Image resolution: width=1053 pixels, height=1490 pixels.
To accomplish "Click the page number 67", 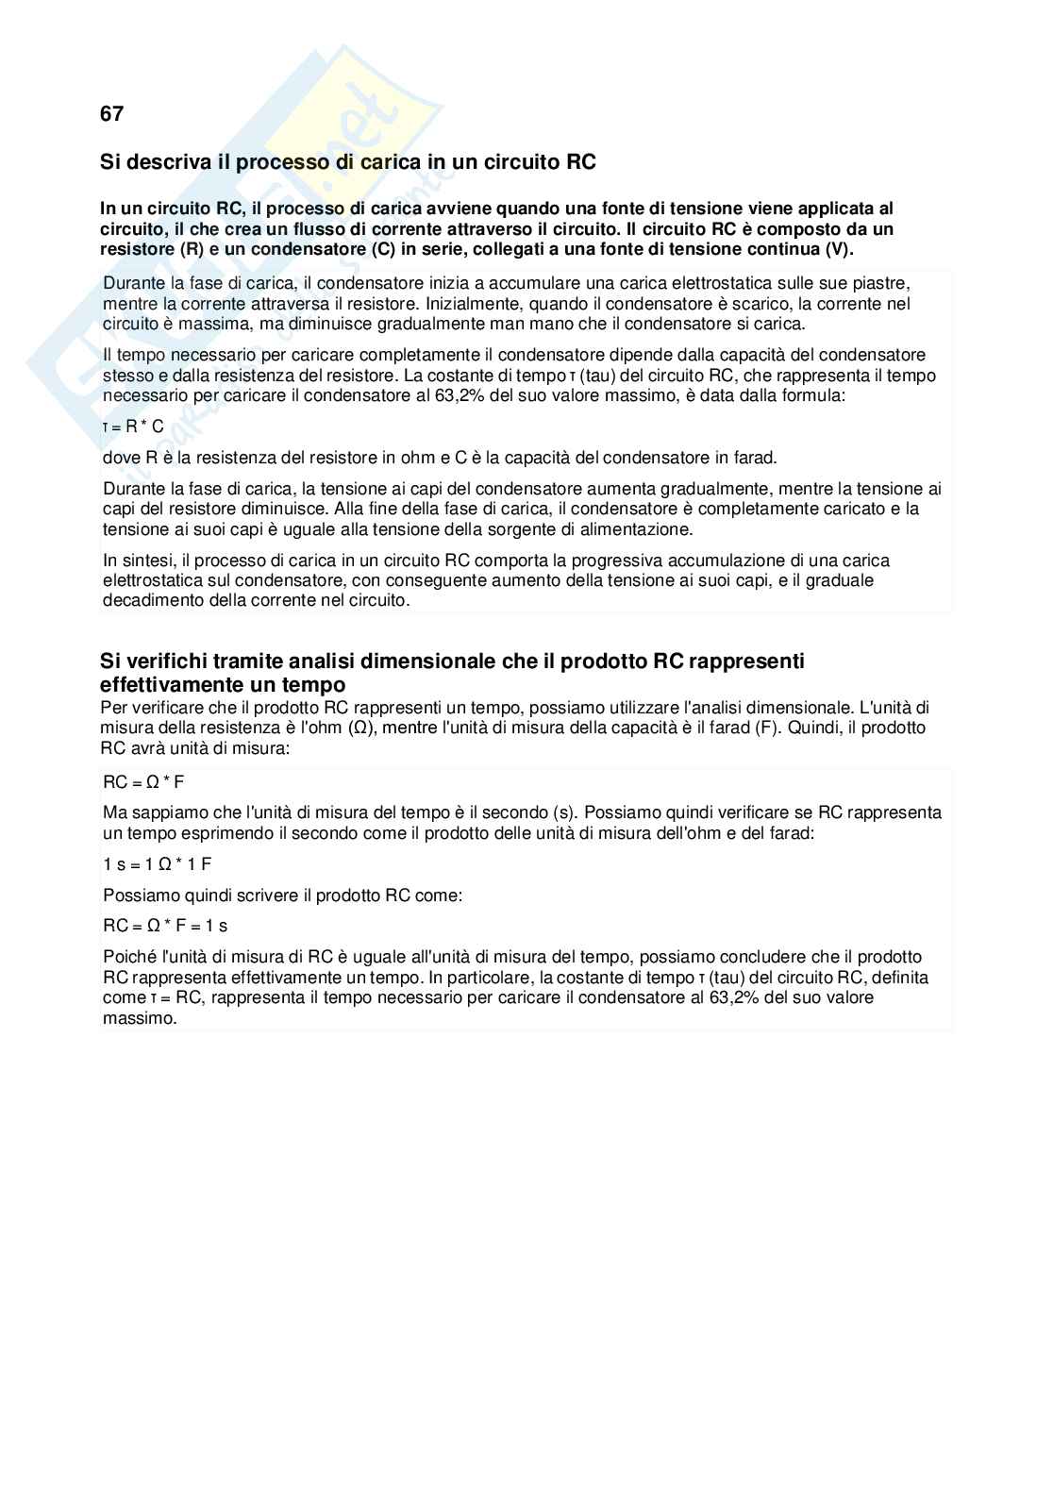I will [111, 114].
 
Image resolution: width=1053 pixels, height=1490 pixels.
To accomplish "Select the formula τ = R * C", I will [133, 427].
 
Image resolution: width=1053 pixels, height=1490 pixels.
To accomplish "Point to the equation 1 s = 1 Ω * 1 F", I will [158, 864].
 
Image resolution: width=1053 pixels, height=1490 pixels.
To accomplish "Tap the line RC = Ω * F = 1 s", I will [165, 926].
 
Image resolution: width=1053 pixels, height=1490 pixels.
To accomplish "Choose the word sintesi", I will [144, 561].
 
